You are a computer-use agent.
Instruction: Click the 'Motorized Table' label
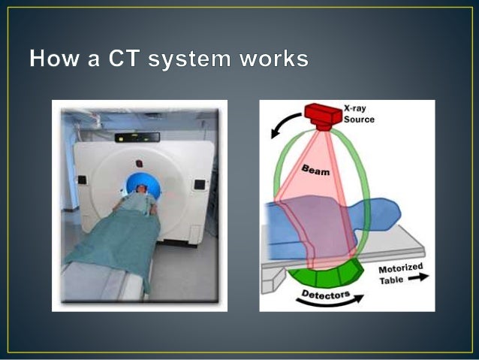tap(400, 274)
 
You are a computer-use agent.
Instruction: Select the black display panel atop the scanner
tap(137, 136)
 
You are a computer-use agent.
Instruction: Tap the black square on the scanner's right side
tap(199, 184)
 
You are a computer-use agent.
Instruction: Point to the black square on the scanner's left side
tap(81, 180)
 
